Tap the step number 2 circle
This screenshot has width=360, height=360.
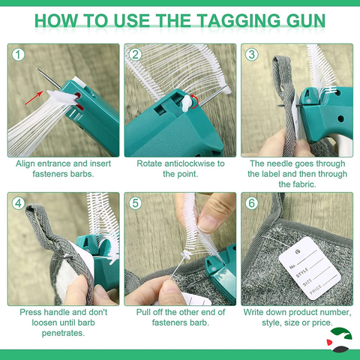point(136,55)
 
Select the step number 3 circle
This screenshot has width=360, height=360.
point(252,55)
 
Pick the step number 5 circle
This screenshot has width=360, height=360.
point(136,202)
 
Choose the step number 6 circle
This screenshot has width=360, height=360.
point(252,202)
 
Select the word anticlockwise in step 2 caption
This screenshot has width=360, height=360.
point(188,163)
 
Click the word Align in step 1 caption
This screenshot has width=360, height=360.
point(30,163)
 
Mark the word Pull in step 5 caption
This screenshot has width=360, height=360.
point(145,311)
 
